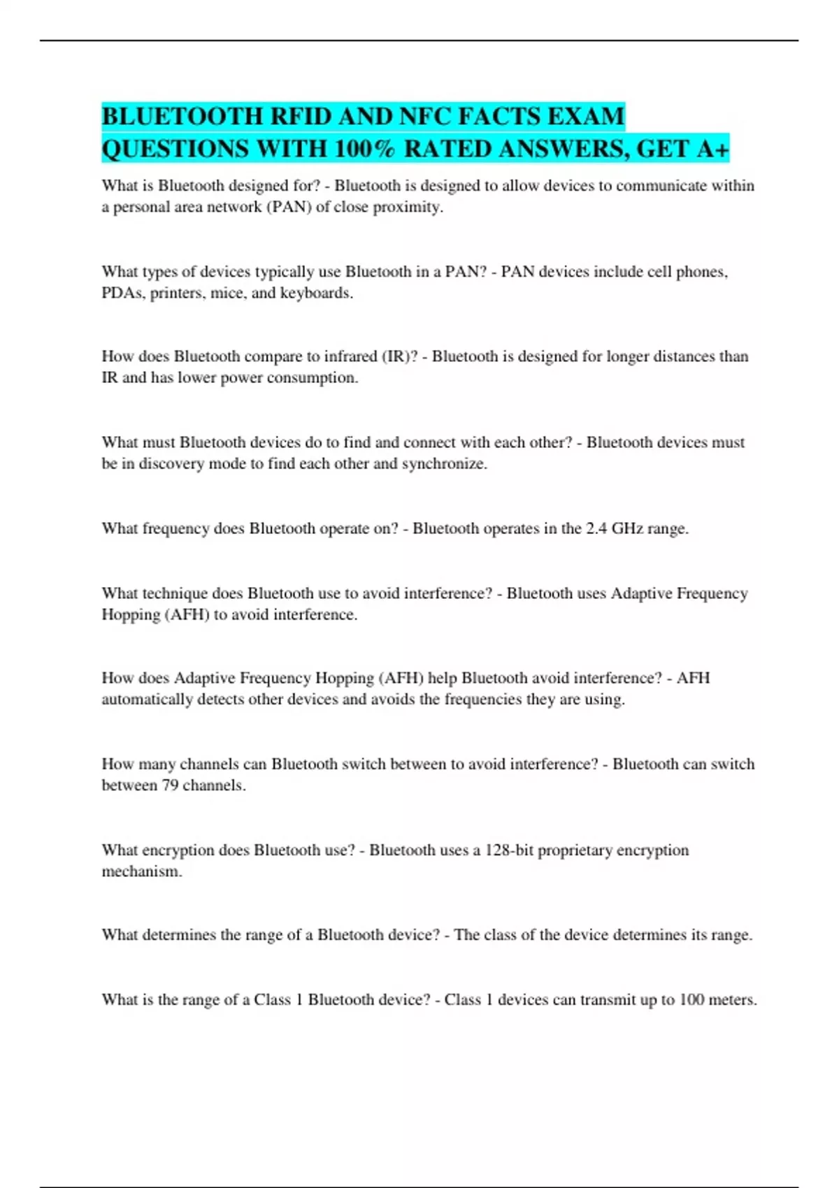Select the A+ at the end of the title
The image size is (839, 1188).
pyautogui.click(x=713, y=149)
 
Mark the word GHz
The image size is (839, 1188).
pyautogui.click(x=627, y=529)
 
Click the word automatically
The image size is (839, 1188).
pyautogui.click(x=147, y=700)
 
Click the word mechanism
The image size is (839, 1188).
pyautogui.click(x=141, y=872)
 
